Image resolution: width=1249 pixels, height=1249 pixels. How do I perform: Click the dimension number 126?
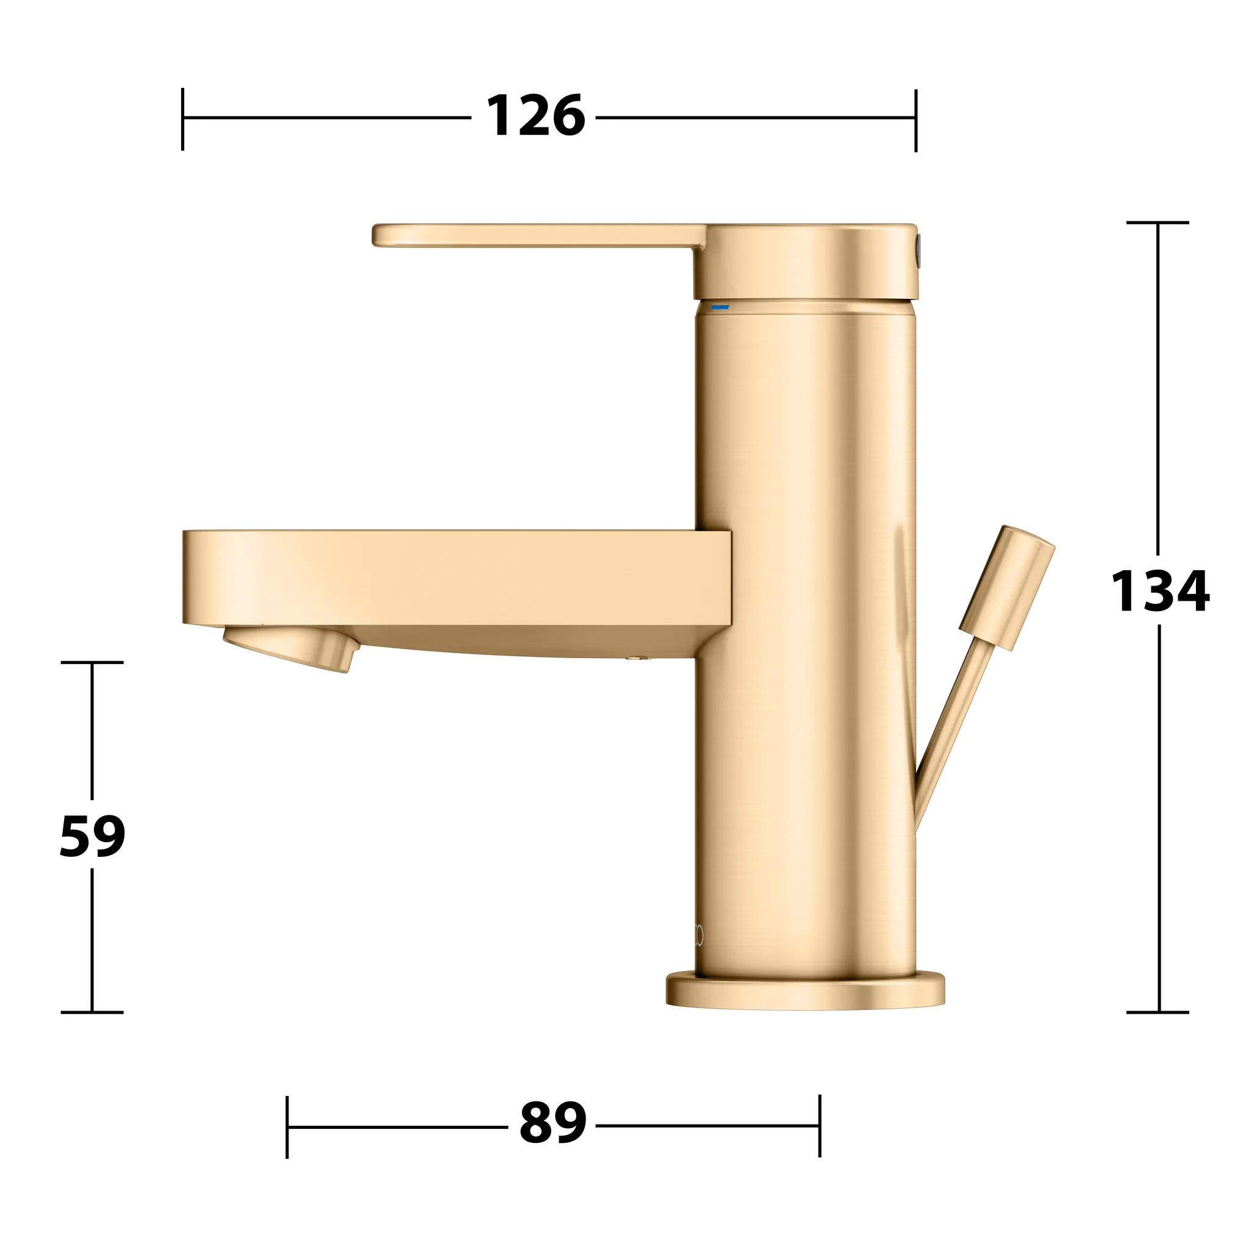click(x=535, y=116)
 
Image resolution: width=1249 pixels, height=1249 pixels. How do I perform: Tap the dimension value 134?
click(x=1160, y=591)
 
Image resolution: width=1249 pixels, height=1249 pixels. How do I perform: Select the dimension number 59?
click(x=93, y=837)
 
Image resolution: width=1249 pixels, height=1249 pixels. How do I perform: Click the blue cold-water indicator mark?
click(x=720, y=307)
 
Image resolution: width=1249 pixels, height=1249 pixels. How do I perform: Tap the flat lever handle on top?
click(x=537, y=235)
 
